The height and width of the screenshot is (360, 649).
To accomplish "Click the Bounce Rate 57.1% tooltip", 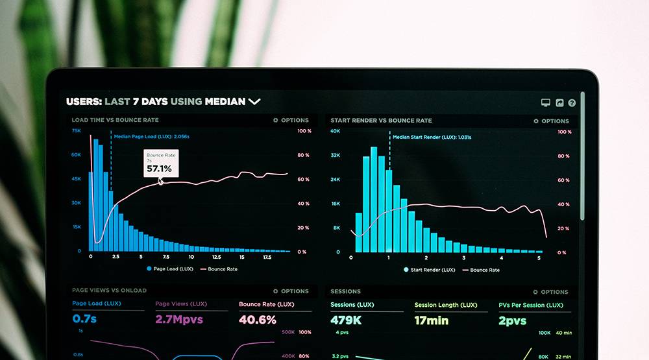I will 160,163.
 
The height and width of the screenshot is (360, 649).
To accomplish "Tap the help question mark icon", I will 572,102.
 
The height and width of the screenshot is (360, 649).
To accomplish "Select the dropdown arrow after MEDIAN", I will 254,101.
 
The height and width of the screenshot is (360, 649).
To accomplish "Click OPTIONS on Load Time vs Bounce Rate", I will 291,120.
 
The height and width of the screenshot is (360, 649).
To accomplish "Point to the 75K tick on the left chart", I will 77,130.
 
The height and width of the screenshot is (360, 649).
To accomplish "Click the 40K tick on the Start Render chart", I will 336,131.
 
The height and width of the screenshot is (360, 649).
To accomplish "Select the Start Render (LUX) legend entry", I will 429,270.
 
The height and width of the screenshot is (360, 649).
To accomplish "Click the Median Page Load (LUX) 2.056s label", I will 151,137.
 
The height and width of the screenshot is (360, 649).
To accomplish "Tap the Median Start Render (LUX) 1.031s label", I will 432,137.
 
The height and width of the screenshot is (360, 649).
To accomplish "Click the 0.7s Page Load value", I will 84,318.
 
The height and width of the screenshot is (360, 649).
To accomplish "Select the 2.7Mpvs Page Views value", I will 179,319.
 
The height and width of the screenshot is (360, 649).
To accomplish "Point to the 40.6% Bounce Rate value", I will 258,319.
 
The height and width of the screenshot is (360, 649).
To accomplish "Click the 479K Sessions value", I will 346,320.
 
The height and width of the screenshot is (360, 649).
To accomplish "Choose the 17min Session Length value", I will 432,320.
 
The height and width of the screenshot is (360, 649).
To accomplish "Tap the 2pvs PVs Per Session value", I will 513,320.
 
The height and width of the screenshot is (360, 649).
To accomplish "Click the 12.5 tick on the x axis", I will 216,258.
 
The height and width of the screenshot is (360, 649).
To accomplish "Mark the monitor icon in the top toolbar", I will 546,102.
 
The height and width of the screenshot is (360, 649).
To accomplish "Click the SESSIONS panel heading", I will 345,291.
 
